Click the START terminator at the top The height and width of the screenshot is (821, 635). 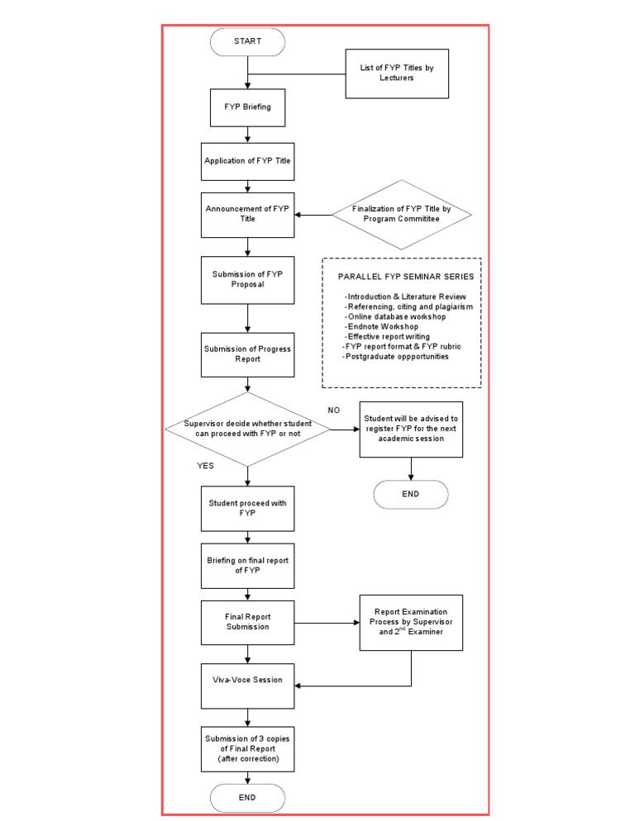point(248,41)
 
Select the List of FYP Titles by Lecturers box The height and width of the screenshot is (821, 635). point(396,74)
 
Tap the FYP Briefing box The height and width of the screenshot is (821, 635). point(248,107)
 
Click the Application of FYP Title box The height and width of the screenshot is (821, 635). point(248,161)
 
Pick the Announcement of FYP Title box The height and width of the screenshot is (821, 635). point(248,214)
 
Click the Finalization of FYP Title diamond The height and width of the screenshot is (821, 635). point(402,214)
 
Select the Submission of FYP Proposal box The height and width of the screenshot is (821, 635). point(248,279)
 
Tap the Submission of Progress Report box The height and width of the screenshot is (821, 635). point(248,353)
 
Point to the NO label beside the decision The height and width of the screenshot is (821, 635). point(334,410)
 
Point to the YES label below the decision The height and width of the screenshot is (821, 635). point(205,466)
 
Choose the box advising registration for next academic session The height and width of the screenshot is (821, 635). point(411,429)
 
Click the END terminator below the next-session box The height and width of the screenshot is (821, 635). point(411,494)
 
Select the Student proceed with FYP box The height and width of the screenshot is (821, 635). point(248,508)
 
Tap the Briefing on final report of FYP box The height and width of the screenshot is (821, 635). point(248,565)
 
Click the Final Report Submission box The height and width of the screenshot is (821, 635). point(248,621)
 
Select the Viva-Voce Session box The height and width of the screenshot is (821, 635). point(248,680)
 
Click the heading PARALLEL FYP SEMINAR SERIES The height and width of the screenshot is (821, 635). point(400,277)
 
